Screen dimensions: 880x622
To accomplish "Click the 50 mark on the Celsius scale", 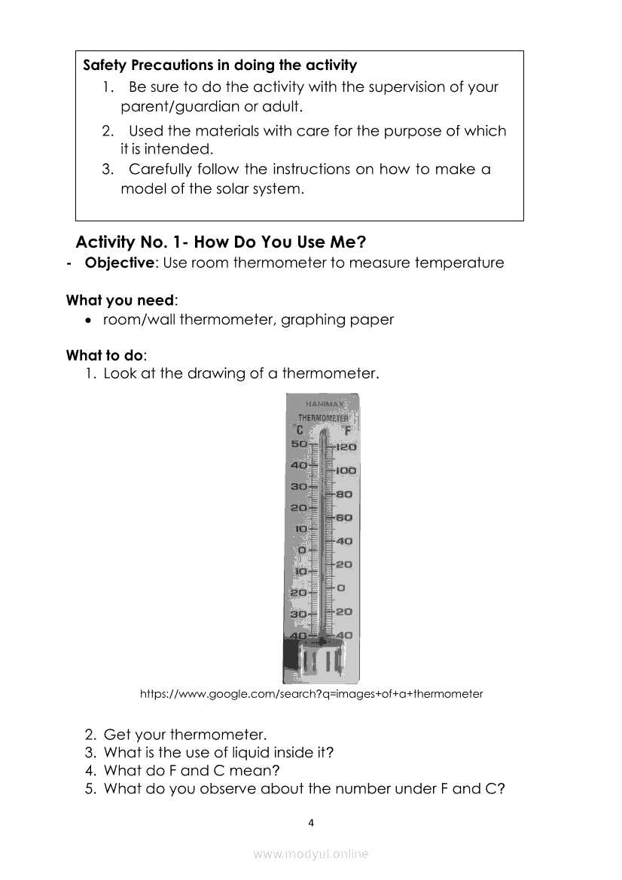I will coord(299,444).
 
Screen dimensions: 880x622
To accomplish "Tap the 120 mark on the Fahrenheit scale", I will coord(346,447).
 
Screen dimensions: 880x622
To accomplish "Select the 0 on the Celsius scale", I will coord(302,551).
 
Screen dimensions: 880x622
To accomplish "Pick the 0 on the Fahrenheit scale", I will coord(341,588).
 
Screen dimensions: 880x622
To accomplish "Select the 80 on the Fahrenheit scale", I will coord(344,495).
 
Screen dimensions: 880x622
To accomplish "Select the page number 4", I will coord(311,823).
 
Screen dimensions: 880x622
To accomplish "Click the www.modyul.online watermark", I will coord(311,854).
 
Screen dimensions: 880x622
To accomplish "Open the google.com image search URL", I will coord(311,694).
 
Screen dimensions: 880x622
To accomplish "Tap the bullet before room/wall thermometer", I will coord(90,321).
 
